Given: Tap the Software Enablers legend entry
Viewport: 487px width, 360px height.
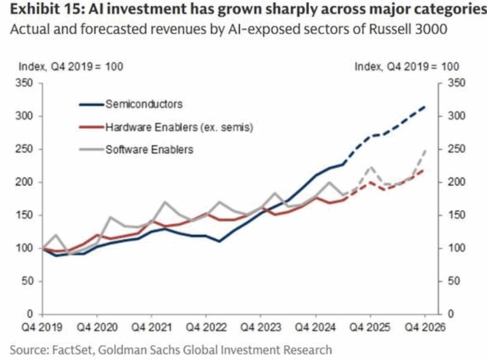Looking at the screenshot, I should coord(149,149).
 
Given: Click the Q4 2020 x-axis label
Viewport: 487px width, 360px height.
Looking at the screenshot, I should coord(97,327).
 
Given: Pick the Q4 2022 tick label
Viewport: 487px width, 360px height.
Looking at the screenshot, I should coord(206,327).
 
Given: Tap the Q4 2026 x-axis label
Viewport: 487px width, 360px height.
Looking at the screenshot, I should coord(425,327).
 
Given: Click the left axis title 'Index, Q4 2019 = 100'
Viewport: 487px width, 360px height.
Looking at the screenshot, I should coord(70,67).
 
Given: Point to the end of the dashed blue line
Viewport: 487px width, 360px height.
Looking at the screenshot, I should coord(425,107).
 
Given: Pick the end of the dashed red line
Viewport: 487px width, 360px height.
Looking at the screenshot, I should coord(425,170).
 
